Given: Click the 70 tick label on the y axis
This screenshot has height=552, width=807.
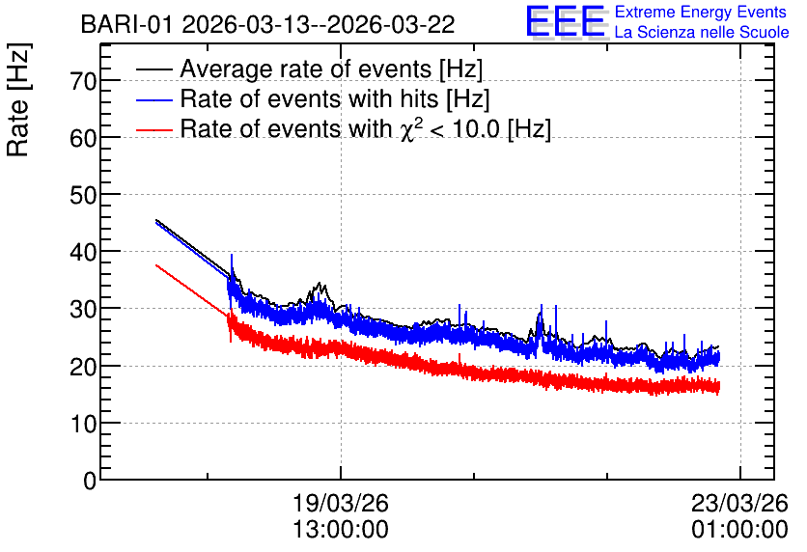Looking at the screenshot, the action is pos(83,80).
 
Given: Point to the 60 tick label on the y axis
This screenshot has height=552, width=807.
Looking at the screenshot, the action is pos(83,137).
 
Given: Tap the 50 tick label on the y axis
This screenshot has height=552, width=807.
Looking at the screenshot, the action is pos(83,195).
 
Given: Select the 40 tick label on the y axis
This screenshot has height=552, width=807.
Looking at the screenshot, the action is pos(83,252).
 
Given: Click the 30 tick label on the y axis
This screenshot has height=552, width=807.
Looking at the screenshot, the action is pos(83,309).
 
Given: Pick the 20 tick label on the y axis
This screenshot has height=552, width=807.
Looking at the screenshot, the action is pos(83,366).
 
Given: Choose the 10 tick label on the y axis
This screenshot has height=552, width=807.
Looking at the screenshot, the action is pos(83,424).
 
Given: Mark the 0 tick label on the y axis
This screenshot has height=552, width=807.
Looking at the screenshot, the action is pos(90,481).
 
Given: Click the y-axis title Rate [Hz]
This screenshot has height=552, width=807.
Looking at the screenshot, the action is pos(18,99).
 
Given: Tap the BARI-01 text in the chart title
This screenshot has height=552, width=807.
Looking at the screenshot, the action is pos(126,24).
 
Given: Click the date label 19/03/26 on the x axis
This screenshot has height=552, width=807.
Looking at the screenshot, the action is pos(340,503).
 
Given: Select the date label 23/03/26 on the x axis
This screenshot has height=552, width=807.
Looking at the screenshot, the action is pos(739,503).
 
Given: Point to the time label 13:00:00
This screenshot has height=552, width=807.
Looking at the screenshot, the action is pos(340,530).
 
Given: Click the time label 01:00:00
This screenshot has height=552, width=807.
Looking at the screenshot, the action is pos(739,530).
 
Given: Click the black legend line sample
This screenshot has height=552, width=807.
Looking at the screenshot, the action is pos(153,69).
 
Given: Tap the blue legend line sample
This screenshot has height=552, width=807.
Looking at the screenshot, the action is pos(153,99).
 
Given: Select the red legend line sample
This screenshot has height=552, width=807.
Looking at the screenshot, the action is pos(153,129).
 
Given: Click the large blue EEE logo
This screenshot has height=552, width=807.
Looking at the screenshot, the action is pos(566,21).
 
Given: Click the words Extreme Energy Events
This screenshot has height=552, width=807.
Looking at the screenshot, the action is pos(701,12).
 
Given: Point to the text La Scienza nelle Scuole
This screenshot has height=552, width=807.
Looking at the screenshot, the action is pos(702,32).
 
